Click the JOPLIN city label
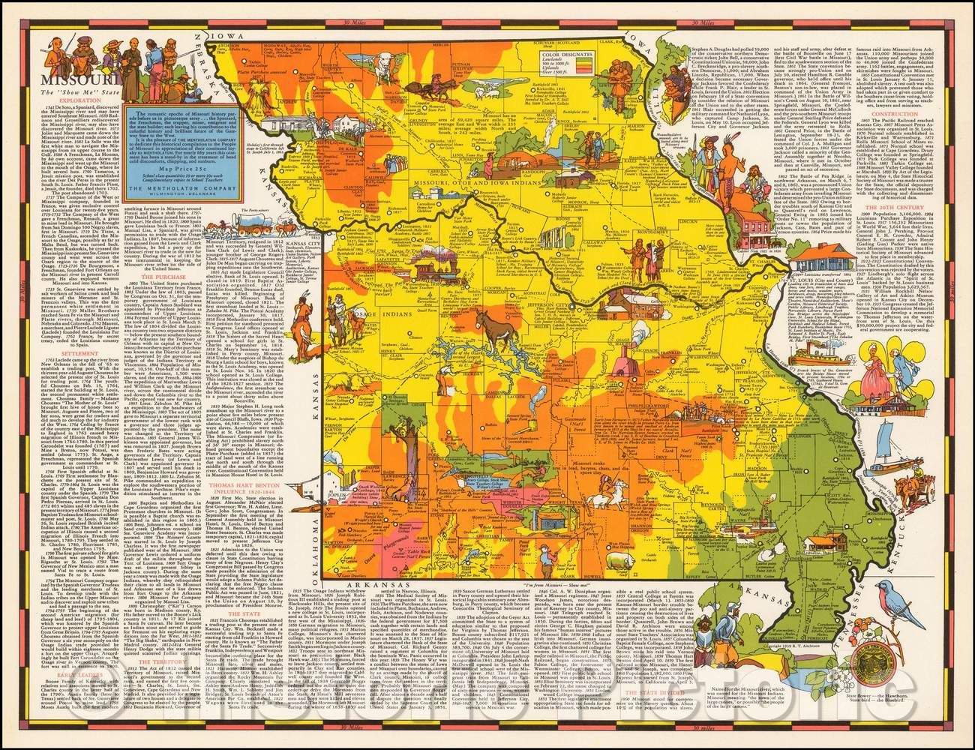tap(334, 474)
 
